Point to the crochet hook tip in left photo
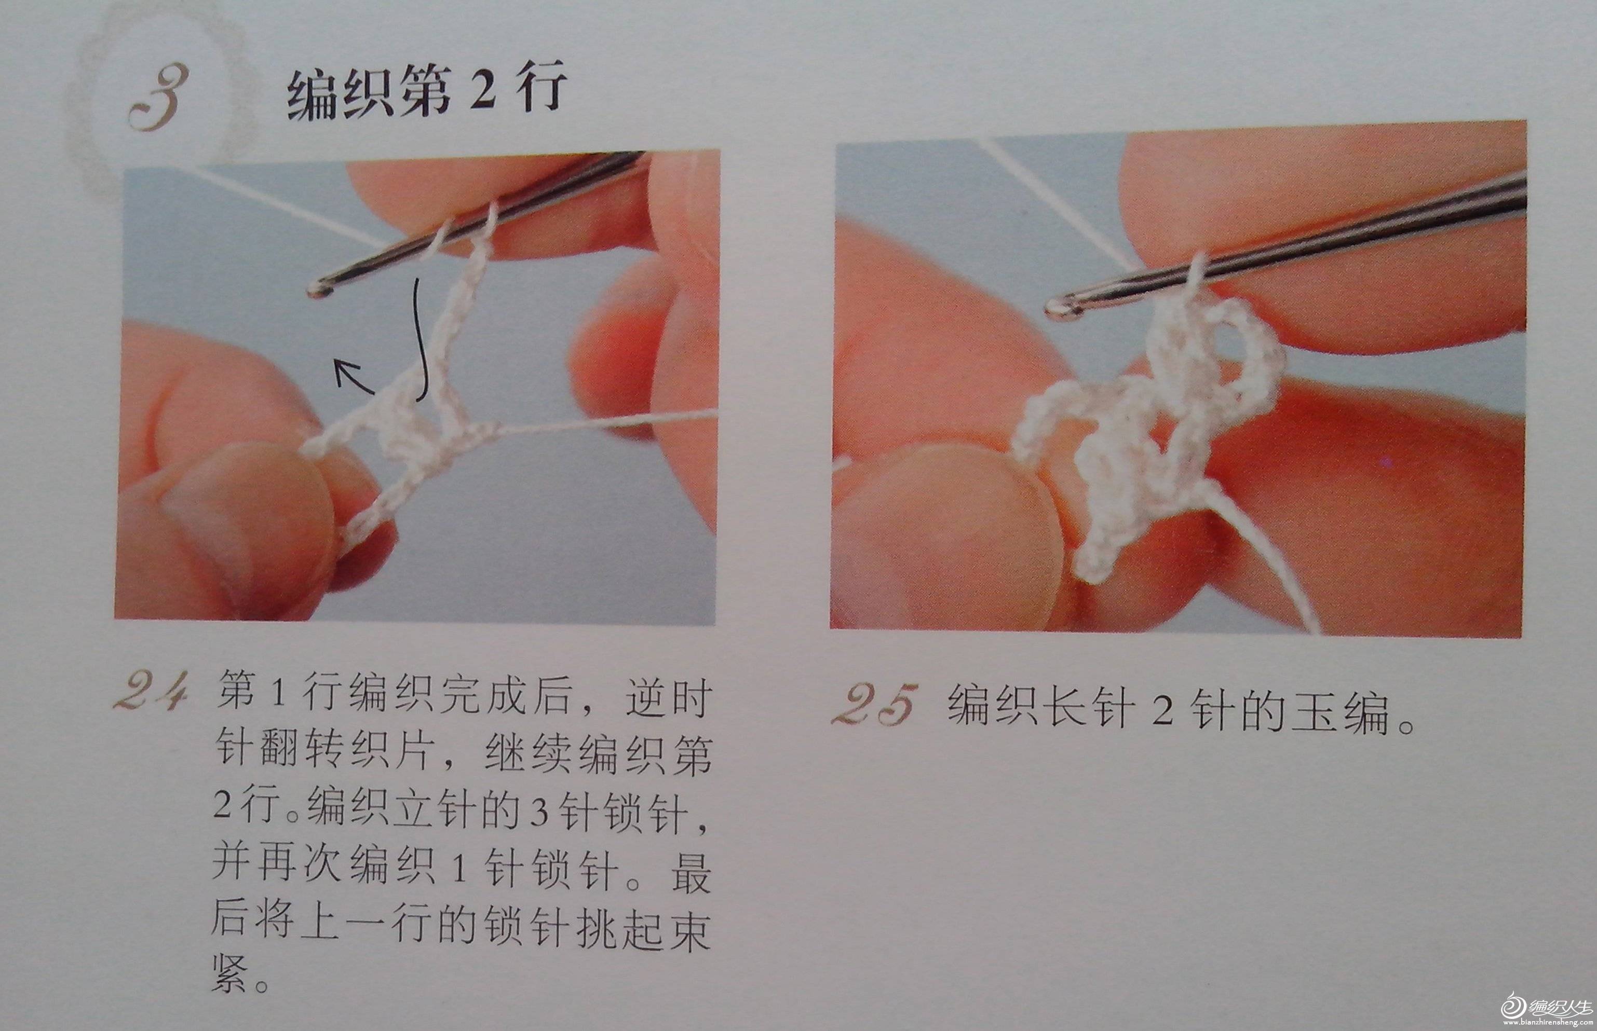315,288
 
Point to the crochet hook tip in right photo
1053,307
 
